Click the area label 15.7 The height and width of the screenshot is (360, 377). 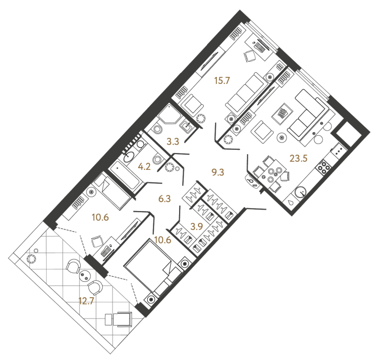[x=222, y=81]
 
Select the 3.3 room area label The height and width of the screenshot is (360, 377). [x=159, y=141]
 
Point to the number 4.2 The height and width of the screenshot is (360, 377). [x=145, y=169]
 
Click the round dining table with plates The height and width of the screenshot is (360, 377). [x=272, y=173]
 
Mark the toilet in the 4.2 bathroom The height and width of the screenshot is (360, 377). [x=157, y=160]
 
